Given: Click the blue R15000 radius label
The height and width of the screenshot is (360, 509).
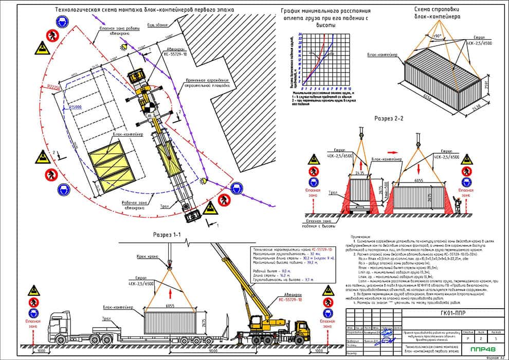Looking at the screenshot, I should pos(76,107).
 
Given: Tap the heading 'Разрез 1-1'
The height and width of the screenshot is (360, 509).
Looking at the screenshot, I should pos(167,235).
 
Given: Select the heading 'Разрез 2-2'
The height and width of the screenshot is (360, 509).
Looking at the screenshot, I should pos(390,118).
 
